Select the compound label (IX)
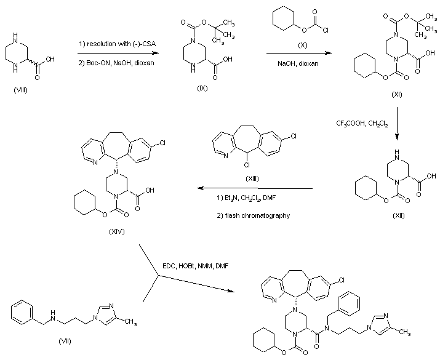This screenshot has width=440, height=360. (202, 88)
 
